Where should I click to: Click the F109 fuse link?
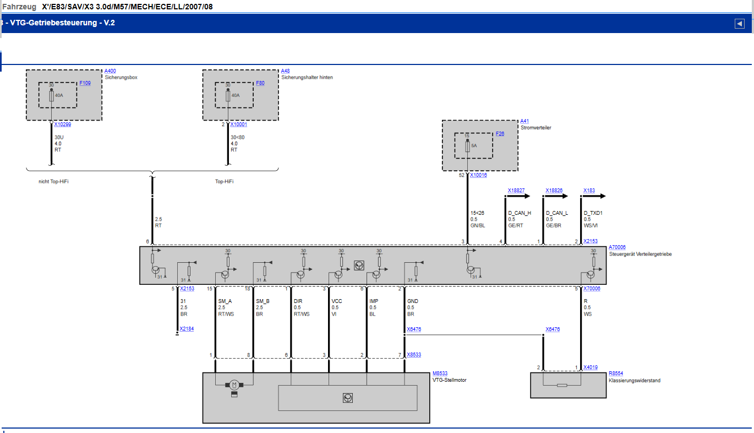click(x=85, y=83)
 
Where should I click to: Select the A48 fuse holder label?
click(x=285, y=71)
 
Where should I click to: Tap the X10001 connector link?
click(x=239, y=125)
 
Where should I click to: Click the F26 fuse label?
click(x=500, y=134)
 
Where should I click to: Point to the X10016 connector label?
click(x=478, y=175)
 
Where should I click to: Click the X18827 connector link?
click(x=516, y=191)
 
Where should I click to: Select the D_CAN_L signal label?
click(x=557, y=213)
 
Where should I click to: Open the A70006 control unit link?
click(x=617, y=247)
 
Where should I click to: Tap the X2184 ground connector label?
click(x=187, y=329)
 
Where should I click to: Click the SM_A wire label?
click(x=225, y=301)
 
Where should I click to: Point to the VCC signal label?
click(x=337, y=301)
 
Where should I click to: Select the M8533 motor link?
click(x=440, y=374)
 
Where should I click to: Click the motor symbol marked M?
click(x=234, y=385)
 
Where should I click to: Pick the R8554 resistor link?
click(x=616, y=374)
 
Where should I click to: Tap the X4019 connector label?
click(x=591, y=367)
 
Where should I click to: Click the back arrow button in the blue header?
click(x=740, y=24)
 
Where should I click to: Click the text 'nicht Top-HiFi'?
click(x=53, y=182)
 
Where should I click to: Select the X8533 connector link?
click(x=414, y=355)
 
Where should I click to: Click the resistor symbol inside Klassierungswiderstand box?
click(x=562, y=386)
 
